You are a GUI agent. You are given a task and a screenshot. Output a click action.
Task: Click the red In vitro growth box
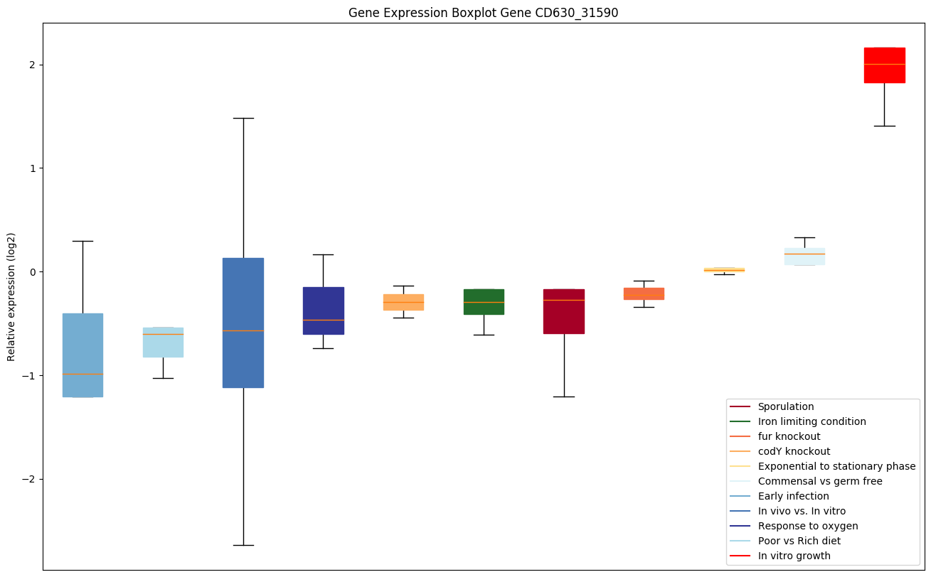coord(884,65)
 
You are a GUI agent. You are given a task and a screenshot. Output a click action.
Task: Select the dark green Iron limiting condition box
coord(484,301)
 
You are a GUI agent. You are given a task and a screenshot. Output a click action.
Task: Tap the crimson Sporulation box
coord(564,311)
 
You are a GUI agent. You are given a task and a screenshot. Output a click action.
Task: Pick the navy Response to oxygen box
coord(324,311)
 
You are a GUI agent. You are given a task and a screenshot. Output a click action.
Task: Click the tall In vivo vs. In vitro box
coord(243,323)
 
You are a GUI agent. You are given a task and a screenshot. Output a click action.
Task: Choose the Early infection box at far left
coord(83,355)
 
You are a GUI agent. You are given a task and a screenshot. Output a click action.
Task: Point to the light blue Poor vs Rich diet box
coord(163,342)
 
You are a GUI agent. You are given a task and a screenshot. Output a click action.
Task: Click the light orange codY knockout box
coord(403,302)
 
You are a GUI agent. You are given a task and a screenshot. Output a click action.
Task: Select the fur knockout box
coord(644,293)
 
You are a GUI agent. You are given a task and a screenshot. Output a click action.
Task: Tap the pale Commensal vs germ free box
coord(804,256)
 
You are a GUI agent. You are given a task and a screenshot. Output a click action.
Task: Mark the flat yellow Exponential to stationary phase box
coord(724,269)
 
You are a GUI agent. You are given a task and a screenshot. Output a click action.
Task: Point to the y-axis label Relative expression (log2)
coord(11,296)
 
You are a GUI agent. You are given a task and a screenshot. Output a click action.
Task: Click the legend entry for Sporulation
coord(785,406)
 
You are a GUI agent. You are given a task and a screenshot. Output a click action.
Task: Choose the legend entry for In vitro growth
coord(794,556)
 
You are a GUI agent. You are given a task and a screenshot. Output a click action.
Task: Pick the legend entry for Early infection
coord(793,496)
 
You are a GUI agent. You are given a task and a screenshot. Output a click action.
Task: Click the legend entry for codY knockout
coord(794,451)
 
